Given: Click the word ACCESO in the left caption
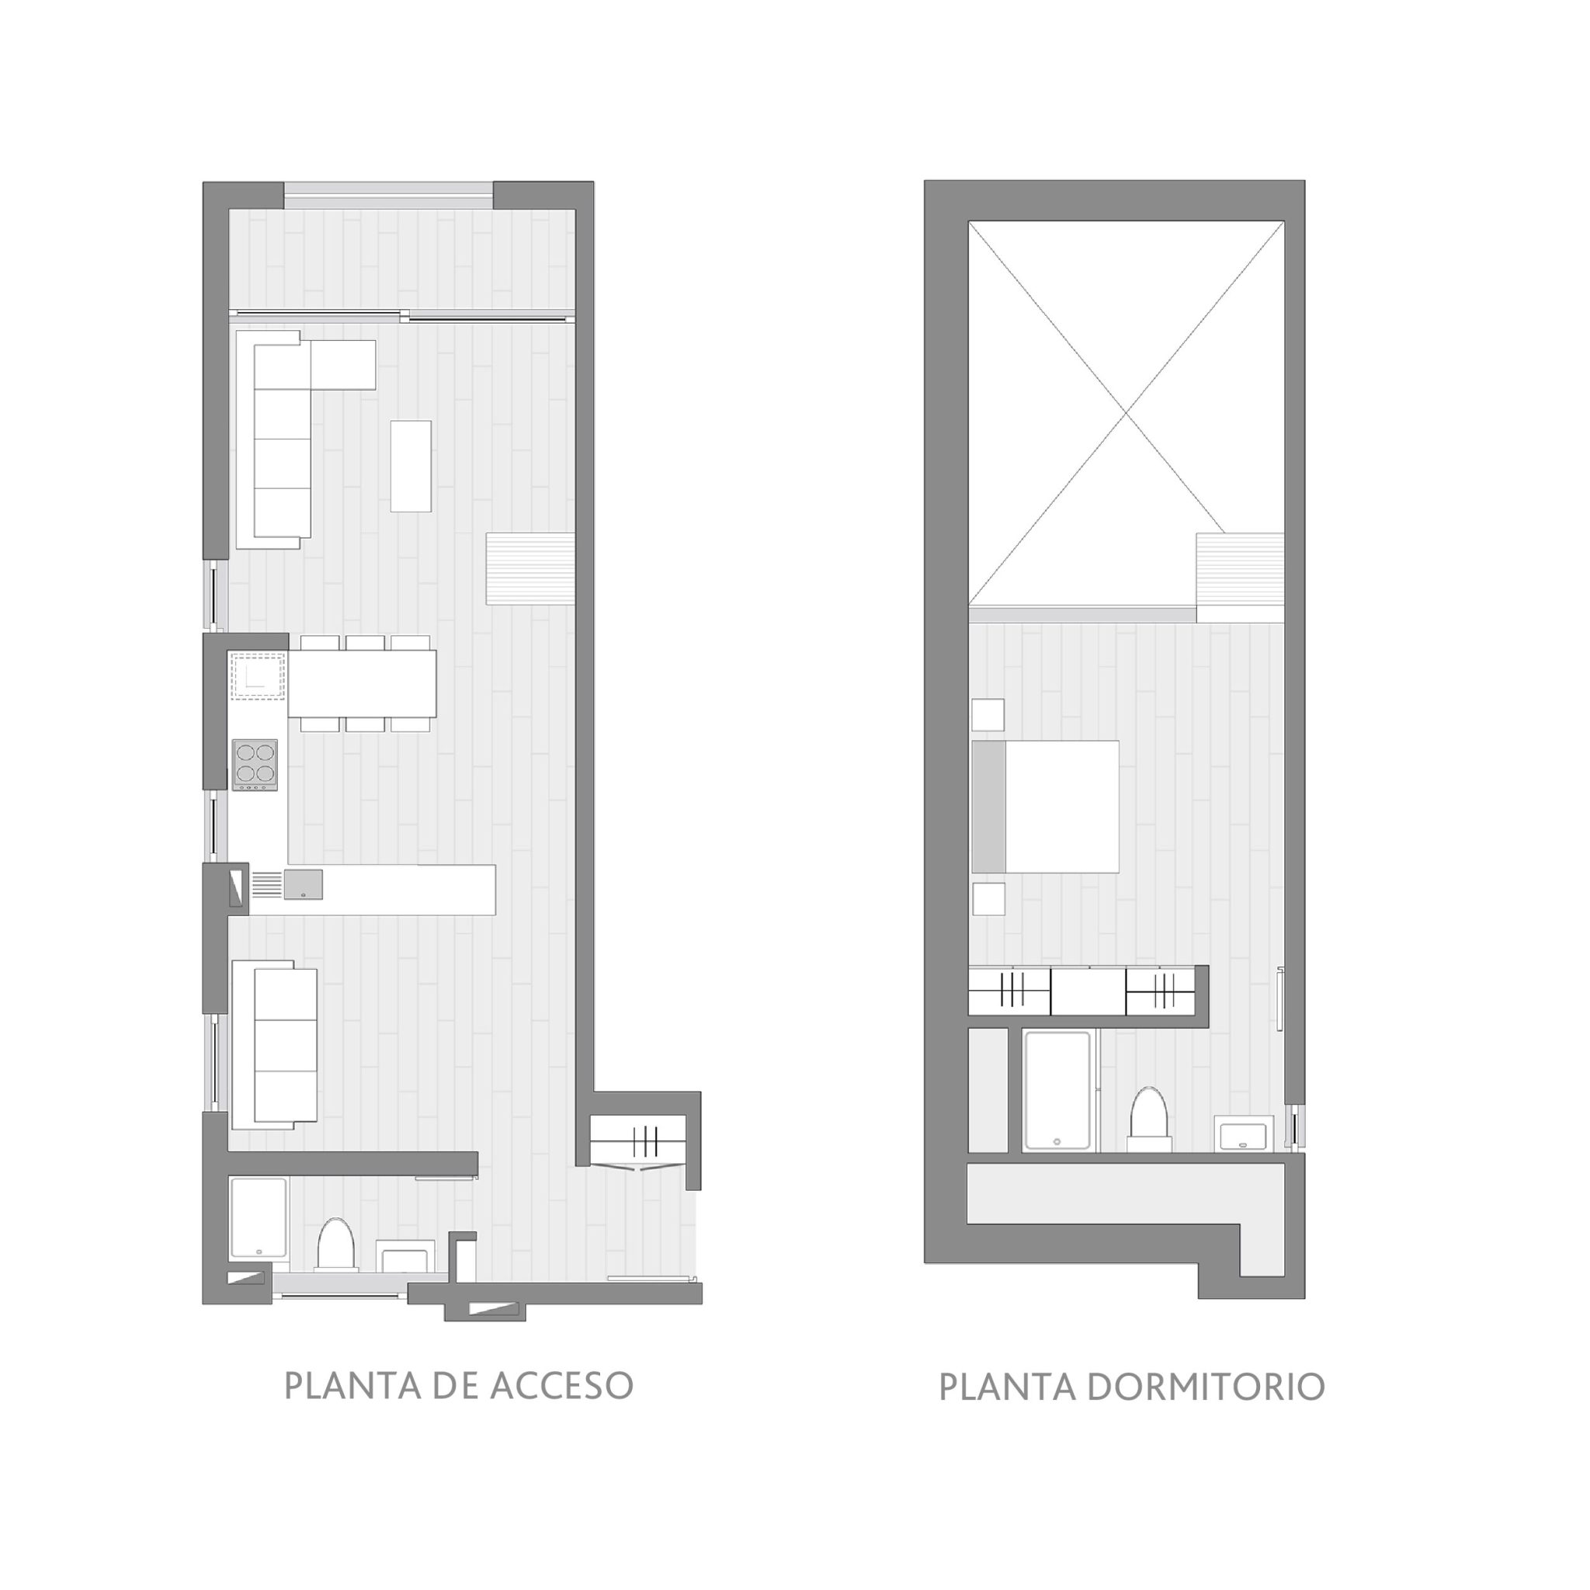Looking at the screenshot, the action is pyautogui.click(x=561, y=1386).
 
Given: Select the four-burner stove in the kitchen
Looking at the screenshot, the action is pyautogui.click(x=255, y=765).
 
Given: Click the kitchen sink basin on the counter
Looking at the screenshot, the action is pyautogui.click(x=304, y=884).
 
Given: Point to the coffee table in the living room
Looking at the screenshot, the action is pyautogui.click(x=411, y=466).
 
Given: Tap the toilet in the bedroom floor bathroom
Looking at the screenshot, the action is pyautogui.click(x=1149, y=1120).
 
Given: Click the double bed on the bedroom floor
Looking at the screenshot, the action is pyautogui.click(x=1045, y=807).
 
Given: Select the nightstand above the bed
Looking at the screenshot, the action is pyautogui.click(x=988, y=714).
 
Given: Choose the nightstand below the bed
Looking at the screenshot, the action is pyautogui.click(x=988, y=899).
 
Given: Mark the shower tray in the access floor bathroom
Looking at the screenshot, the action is pyautogui.click(x=259, y=1219).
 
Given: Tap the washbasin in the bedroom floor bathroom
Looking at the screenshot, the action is pyautogui.click(x=1245, y=1135).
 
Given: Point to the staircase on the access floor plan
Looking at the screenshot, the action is pyautogui.click(x=530, y=568).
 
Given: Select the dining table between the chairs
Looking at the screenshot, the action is pyautogui.click(x=362, y=683).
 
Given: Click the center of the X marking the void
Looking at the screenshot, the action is pyautogui.click(x=1126, y=412).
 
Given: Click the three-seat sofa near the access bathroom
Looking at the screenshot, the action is pyautogui.click(x=275, y=1045).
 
